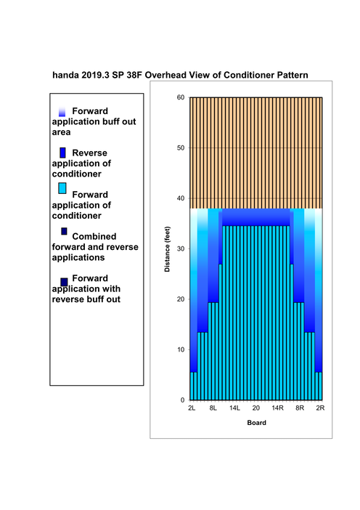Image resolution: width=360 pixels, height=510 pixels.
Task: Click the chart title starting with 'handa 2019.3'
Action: click(180, 75)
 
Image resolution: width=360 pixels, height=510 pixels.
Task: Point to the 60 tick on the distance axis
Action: click(181, 97)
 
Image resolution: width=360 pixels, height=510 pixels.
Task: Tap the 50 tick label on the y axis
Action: click(181, 147)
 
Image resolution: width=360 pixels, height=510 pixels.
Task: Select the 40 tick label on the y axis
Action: click(181, 198)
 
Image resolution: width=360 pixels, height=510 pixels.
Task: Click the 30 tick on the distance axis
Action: click(181, 248)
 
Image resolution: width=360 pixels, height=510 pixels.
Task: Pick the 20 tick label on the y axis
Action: click(181, 299)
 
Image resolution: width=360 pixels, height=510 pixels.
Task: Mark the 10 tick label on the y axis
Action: click(181, 349)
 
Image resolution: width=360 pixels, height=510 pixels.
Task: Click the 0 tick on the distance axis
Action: click(183, 400)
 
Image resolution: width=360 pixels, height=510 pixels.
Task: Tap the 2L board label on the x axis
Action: click(192, 408)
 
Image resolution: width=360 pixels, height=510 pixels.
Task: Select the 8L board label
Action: click(213, 408)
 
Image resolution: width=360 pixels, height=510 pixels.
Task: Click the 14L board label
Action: click(234, 408)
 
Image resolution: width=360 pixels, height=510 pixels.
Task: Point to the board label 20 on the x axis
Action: click(256, 408)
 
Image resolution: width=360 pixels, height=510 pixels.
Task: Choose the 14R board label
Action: click(278, 408)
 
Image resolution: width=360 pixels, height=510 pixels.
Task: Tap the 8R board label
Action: click(300, 408)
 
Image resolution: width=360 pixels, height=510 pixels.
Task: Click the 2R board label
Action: click(320, 408)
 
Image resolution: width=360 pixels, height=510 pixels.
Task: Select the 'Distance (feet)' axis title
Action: click(167, 249)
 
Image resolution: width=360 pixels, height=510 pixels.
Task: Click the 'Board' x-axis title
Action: click(257, 423)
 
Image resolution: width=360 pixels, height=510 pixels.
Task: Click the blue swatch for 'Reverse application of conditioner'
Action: click(62, 153)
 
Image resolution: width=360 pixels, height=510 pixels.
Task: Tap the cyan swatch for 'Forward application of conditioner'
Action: click(62, 188)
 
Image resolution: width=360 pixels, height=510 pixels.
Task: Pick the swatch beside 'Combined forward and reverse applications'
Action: click(64, 231)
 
